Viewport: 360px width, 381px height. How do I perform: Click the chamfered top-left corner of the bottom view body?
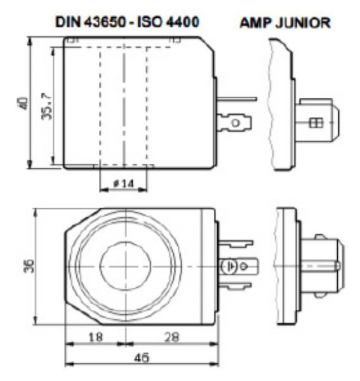(x=81, y=219)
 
